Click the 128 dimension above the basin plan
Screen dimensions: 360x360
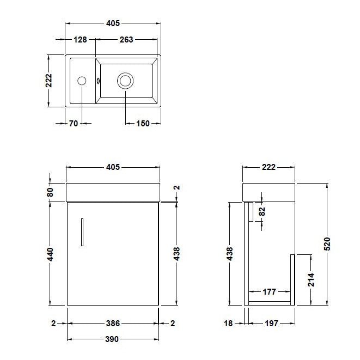(81, 39)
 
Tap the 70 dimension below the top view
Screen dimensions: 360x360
(73, 124)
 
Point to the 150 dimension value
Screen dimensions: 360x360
(142, 124)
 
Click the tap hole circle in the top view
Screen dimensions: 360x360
(82, 81)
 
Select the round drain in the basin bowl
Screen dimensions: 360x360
(125, 81)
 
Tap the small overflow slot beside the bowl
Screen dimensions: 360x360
(98, 81)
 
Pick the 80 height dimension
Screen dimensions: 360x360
(50, 192)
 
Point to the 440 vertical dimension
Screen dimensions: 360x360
(50, 253)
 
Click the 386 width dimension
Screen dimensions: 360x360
(112, 323)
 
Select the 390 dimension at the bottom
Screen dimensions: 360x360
(112, 339)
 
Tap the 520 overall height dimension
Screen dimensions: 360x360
(327, 243)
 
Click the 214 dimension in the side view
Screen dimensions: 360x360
(311, 279)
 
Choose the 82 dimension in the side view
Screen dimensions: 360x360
(262, 212)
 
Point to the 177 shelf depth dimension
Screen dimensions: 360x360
(269, 292)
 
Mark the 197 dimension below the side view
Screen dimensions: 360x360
(271, 323)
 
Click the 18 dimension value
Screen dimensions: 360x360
(228, 323)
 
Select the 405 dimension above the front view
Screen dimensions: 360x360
(112, 167)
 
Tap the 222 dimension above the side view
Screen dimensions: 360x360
(269, 167)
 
